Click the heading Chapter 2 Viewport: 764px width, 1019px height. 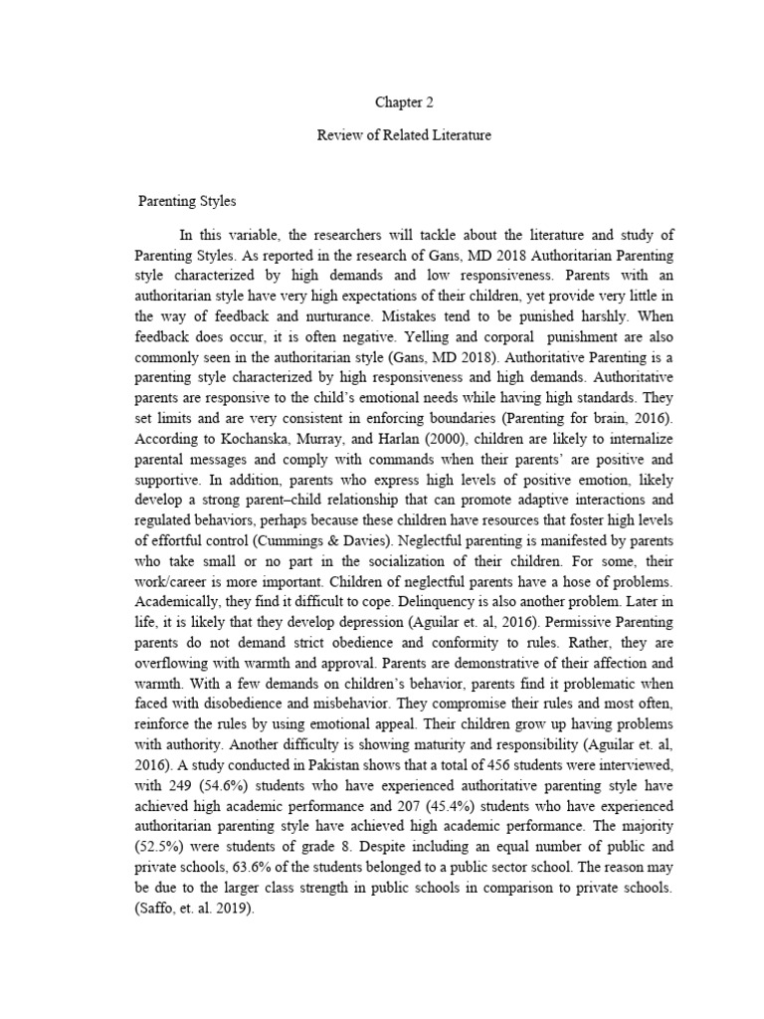tap(404, 102)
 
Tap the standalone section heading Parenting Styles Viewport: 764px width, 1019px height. tap(187, 202)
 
